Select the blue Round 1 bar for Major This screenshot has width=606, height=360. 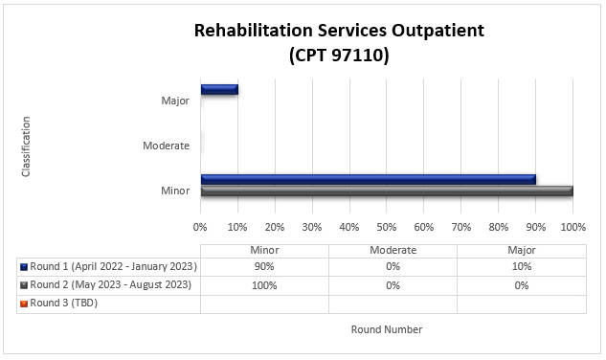click(x=219, y=90)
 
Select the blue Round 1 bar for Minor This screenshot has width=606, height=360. click(x=368, y=179)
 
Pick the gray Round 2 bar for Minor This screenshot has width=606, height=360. click(x=386, y=191)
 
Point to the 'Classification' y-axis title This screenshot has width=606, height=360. click(x=26, y=146)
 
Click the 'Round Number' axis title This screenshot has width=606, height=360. click(x=386, y=329)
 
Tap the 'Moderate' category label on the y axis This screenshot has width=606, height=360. click(x=166, y=146)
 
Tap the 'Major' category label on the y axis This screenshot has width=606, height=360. click(x=174, y=101)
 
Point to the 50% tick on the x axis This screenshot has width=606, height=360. click(x=386, y=228)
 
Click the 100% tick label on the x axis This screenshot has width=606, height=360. click(x=572, y=228)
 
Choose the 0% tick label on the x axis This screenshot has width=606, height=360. click(x=200, y=228)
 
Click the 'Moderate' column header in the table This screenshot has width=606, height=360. click(x=393, y=249)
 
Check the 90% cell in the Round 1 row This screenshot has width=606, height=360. click(x=264, y=267)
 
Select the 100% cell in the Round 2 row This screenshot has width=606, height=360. click(x=264, y=285)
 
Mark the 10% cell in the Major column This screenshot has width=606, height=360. click(x=521, y=267)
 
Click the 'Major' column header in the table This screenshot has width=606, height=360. click(x=521, y=249)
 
